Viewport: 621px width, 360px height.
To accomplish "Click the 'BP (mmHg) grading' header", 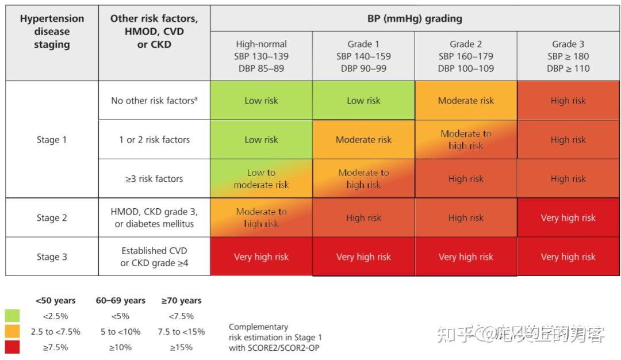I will [415, 18].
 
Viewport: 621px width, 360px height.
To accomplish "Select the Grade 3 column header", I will [568, 56].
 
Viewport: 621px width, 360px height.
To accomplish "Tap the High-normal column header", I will [261, 56].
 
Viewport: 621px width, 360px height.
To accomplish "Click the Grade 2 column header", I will [466, 56].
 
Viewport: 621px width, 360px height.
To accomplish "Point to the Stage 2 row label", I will [52, 218].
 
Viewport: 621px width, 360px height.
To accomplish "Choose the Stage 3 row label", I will [52, 257].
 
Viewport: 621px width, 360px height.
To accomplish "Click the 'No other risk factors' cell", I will [154, 101].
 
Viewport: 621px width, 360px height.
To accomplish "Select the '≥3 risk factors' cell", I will [154, 179].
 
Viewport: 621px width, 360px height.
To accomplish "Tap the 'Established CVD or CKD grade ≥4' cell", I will [154, 257].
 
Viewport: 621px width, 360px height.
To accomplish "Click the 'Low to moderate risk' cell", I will [261, 179].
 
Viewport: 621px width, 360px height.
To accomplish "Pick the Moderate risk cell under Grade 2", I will [466, 101].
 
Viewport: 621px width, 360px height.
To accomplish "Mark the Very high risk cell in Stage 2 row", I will [568, 218].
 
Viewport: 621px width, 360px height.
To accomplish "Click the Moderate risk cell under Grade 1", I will [363, 140].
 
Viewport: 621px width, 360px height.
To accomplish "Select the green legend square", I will [12, 316].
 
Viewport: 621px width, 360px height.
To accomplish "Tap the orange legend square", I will [12, 331].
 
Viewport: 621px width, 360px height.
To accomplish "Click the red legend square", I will [12, 347].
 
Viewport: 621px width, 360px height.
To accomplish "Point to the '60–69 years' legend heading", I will [120, 300].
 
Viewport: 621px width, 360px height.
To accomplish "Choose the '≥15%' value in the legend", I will [181, 347].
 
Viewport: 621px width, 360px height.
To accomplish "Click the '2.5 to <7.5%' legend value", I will [56, 332].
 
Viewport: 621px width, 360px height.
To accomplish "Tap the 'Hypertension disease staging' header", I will [52, 32].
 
